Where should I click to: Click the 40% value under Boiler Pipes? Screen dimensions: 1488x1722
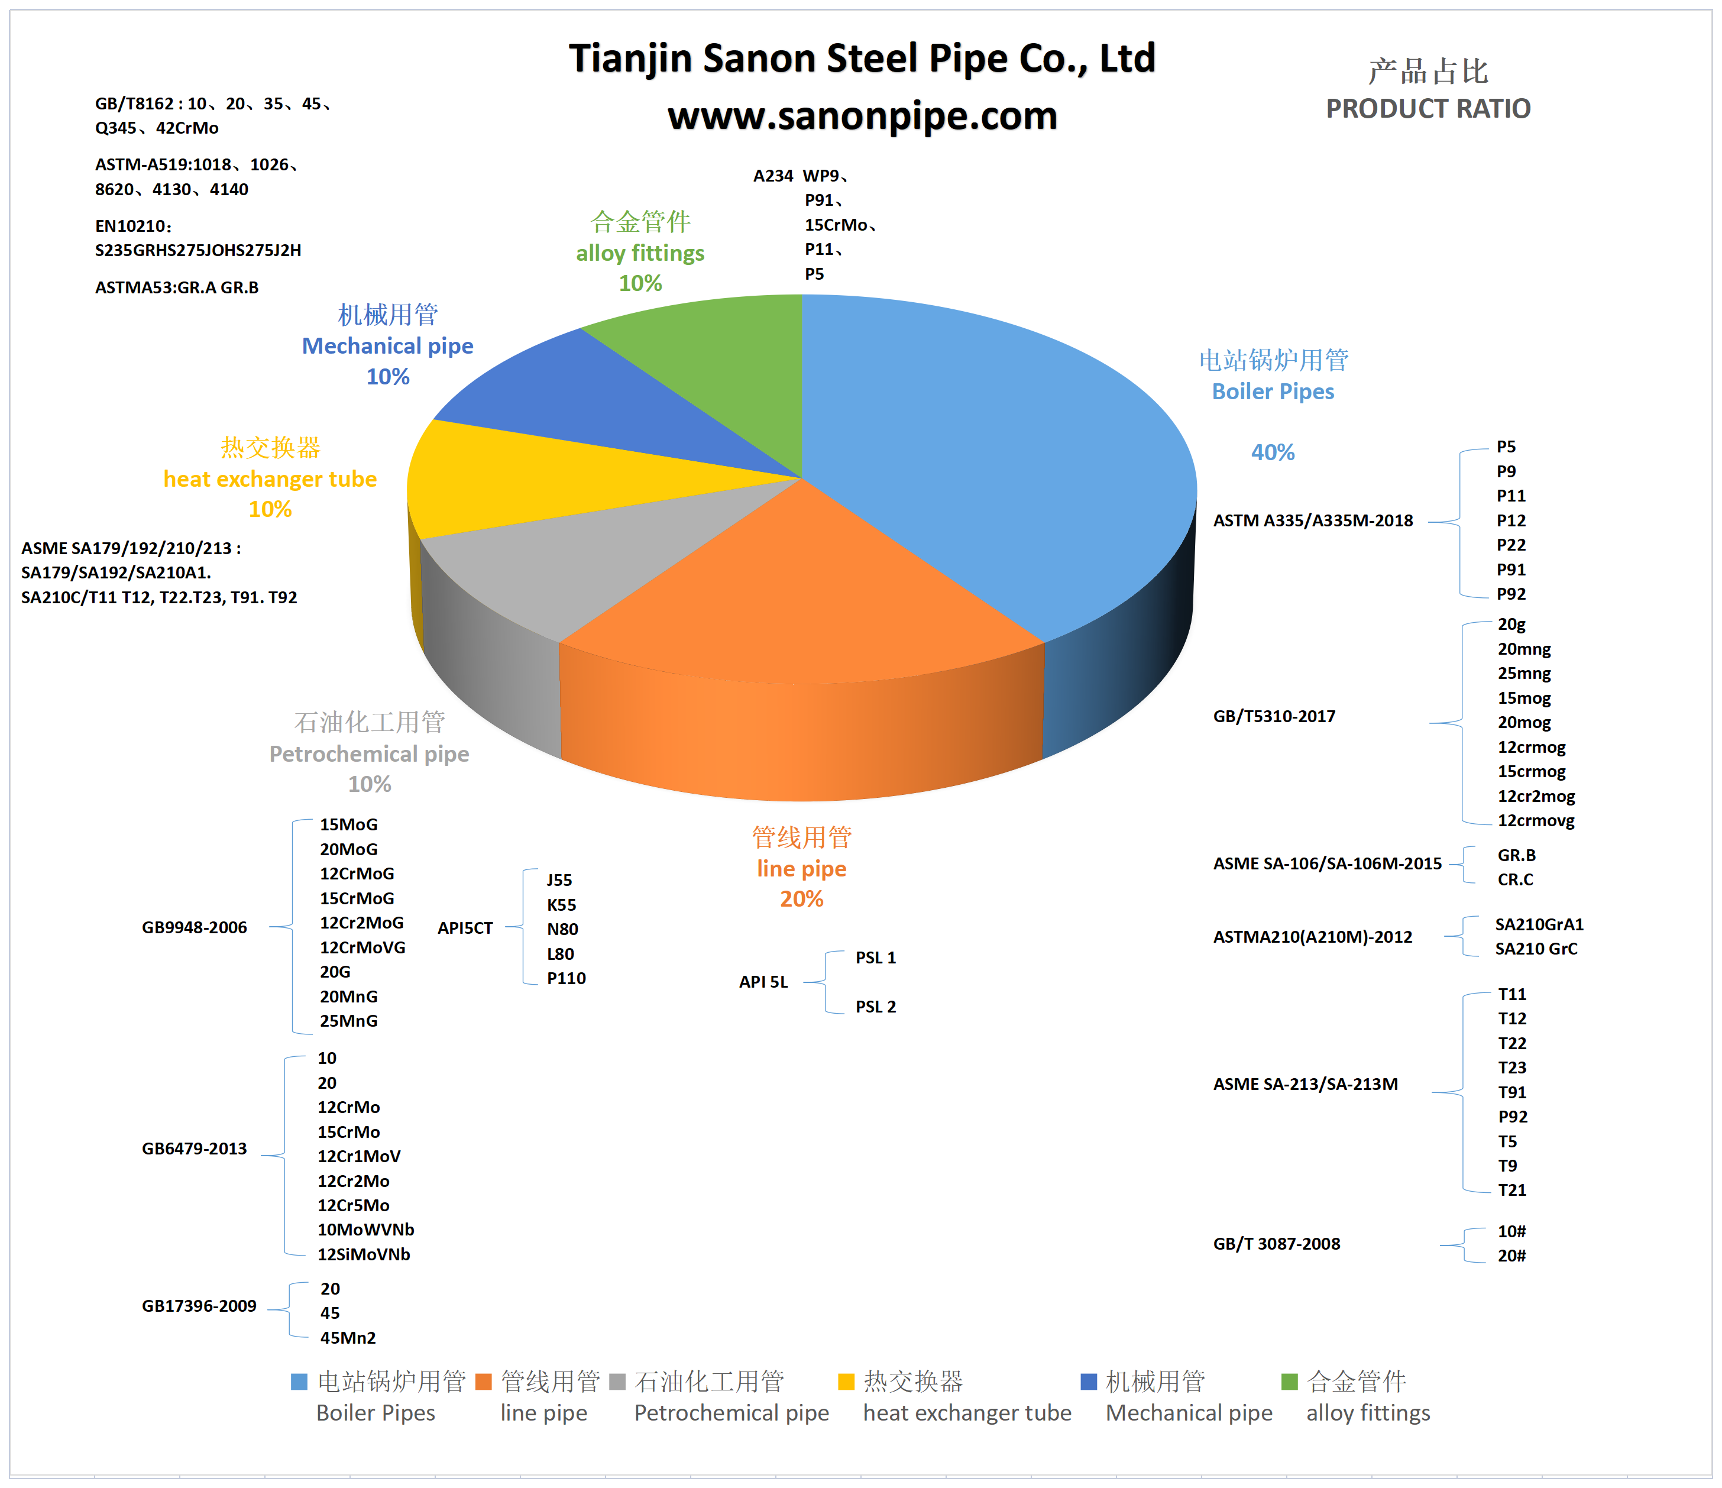pyautogui.click(x=1273, y=452)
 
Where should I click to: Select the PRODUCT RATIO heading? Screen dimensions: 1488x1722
pyautogui.click(x=1427, y=109)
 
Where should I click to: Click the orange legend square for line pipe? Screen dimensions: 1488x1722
pyautogui.click(x=484, y=1382)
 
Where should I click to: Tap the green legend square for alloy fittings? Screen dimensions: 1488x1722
pyautogui.click(x=1289, y=1382)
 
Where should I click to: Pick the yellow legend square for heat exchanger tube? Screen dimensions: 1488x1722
pyautogui.click(x=846, y=1382)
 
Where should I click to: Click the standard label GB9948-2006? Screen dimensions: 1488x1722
pyautogui.click(x=195, y=928)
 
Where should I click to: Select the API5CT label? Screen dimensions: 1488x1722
pyautogui.click(x=465, y=929)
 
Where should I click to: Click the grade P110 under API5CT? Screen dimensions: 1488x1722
pyautogui.click(x=566, y=978)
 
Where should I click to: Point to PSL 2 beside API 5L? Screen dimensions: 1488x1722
pyautogui.click(x=876, y=1007)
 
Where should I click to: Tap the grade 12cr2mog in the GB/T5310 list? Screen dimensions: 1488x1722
pyautogui.click(x=1536, y=797)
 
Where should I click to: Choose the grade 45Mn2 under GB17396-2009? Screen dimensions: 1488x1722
pyautogui.click(x=348, y=1338)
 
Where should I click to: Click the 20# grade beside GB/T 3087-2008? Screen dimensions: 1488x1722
pyautogui.click(x=1511, y=1256)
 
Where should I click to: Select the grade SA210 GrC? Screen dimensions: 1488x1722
pyautogui.click(x=1536, y=949)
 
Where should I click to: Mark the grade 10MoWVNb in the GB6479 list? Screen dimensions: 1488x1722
pyautogui.click(x=365, y=1230)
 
